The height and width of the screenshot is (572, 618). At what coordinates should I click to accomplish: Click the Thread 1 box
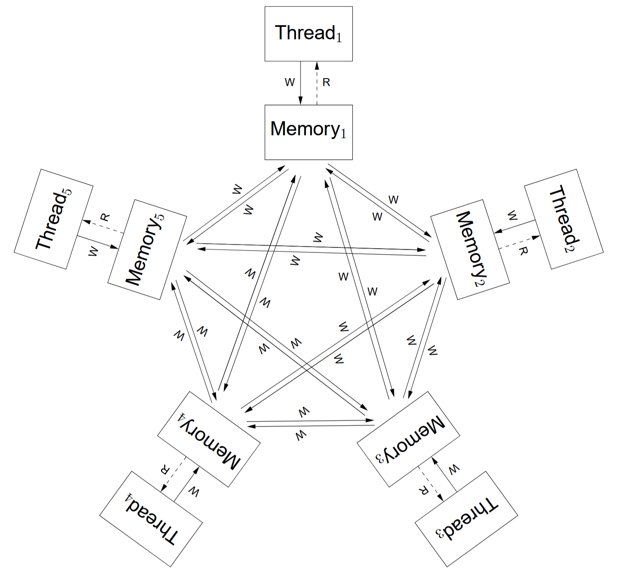pos(308,34)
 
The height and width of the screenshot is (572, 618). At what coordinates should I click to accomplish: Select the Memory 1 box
pos(308,132)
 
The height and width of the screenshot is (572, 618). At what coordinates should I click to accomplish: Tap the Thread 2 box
pos(564,219)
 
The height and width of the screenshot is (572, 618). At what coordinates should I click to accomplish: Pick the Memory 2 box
pos(470,249)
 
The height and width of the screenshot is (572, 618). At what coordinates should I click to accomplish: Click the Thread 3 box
pos(466,519)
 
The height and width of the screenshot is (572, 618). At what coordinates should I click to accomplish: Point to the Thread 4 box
pos(151,519)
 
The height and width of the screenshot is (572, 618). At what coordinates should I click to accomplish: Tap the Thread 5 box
pos(53,219)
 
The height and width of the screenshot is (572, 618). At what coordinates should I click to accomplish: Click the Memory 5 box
pos(147,249)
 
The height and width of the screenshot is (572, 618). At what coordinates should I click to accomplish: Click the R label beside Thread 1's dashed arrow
pos(326,83)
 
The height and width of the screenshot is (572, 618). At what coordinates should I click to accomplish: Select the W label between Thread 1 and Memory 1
pos(290,82)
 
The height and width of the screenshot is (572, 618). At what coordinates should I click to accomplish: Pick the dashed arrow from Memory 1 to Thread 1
pos(317,83)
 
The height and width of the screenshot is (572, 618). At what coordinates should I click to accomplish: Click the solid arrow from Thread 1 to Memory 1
pos(301,83)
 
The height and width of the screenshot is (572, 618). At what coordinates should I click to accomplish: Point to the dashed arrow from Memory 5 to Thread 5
pos(103,227)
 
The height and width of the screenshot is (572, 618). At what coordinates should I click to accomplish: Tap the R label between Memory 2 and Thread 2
pos(523,250)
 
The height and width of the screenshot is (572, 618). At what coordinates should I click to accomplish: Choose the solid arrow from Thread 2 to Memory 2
pos(515,227)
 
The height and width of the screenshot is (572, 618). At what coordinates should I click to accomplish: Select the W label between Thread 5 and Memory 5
pos(94,251)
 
